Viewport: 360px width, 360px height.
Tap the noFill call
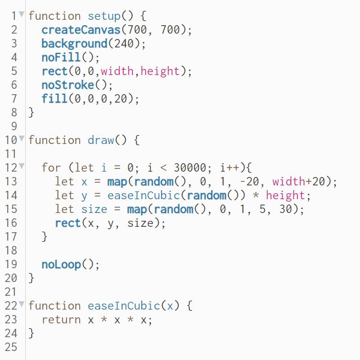(x=61, y=58)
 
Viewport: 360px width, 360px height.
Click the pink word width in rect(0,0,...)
(x=118, y=71)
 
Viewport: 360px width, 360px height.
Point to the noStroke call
(x=68, y=85)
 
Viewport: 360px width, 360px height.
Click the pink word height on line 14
(x=286, y=195)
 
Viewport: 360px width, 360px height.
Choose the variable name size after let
(x=94, y=209)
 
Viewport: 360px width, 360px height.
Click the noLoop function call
(x=61, y=264)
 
